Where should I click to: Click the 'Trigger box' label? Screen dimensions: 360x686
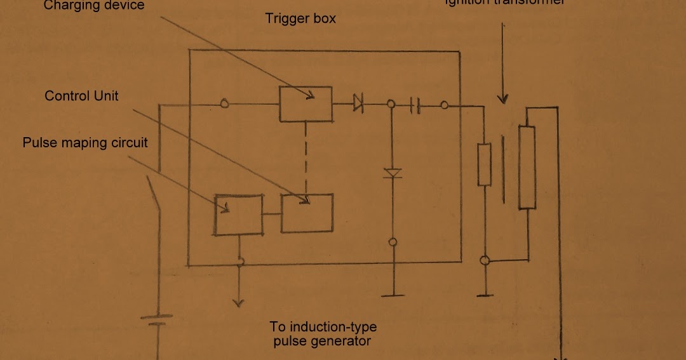point(300,18)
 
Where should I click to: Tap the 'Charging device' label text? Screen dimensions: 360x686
point(94,6)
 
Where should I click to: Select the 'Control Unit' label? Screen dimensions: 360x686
point(81,96)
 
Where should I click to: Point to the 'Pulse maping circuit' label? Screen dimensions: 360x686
point(85,142)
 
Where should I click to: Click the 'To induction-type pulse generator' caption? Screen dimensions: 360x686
point(323,334)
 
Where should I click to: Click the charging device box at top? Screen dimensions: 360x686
point(306,103)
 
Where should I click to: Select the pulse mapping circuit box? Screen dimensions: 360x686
point(239,215)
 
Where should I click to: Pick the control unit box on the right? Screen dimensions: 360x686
point(307,213)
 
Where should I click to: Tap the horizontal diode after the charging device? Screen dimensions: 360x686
point(358,102)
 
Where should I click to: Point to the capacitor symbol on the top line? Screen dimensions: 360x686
point(415,105)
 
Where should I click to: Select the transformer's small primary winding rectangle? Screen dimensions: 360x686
point(485,164)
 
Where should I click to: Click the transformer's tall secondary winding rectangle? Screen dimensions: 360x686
point(527,167)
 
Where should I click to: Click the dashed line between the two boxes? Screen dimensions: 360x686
point(306,158)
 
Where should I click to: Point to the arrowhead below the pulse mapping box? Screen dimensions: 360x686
point(238,301)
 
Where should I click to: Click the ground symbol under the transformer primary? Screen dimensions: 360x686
point(485,295)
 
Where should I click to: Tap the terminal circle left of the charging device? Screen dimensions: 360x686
point(224,103)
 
